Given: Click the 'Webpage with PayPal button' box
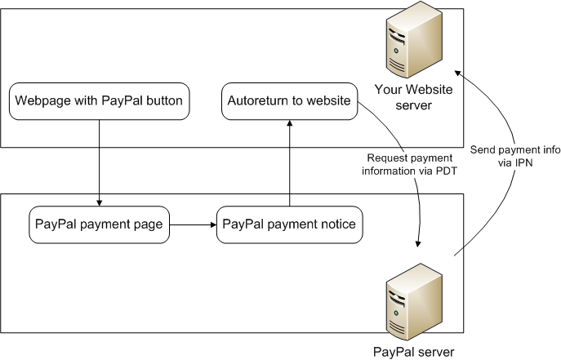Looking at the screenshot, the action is click(x=99, y=101).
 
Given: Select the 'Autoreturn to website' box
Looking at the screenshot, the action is click(x=289, y=101).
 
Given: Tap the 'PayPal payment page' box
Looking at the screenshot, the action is click(x=99, y=224).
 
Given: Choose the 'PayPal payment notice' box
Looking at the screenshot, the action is click(x=289, y=224).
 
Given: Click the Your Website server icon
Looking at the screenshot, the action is click(x=414, y=40).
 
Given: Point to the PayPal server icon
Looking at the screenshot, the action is click(x=414, y=302).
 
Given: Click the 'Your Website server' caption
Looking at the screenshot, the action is click(x=413, y=97).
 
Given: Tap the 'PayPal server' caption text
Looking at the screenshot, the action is click(x=413, y=352).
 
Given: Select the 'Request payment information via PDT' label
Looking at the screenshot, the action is click(x=410, y=164).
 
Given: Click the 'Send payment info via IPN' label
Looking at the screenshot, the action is click(x=515, y=156).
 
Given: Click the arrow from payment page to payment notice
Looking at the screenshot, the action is click(x=194, y=224).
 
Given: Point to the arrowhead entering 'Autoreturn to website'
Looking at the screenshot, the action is click(x=290, y=123).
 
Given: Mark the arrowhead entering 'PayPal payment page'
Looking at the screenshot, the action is click(x=99, y=203).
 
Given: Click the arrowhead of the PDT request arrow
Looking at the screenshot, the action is click(x=418, y=244).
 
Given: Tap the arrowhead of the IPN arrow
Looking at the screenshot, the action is click(x=457, y=73).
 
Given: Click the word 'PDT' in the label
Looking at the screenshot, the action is click(x=446, y=171).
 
